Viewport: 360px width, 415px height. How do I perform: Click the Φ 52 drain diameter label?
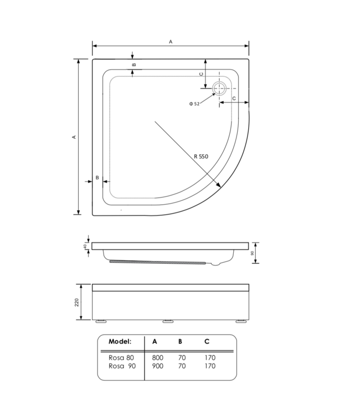click(194, 103)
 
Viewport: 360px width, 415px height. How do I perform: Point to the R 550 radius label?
click(201, 157)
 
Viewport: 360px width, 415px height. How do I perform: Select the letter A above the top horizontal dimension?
click(171, 41)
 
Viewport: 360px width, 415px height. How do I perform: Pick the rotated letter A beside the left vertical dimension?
click(74, 137)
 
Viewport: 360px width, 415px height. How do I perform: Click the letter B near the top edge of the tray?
click(133, 65)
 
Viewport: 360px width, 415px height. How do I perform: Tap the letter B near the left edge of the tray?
click(97, 178)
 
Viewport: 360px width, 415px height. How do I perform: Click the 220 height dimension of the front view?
click(77, 302)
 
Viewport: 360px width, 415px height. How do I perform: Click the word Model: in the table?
click(120, 341)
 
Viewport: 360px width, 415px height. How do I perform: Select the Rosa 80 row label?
click(121, 357)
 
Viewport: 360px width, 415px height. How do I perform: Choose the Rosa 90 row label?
click(121, 366)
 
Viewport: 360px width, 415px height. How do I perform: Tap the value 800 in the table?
click(158, 357)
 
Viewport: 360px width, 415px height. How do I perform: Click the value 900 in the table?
click(158, 366)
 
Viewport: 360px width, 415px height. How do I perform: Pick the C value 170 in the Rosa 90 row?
click(209, 366)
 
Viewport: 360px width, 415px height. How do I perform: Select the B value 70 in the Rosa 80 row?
click(182, 357)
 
